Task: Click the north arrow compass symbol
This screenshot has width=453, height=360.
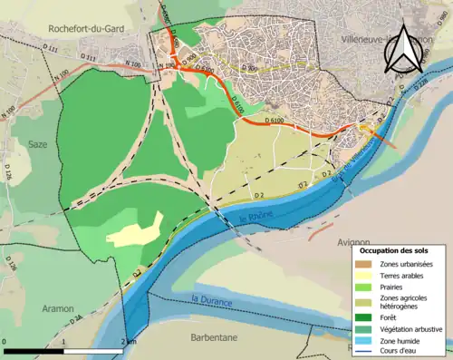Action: pos(403,47)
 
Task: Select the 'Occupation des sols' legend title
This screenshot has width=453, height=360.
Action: pos(400,249)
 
